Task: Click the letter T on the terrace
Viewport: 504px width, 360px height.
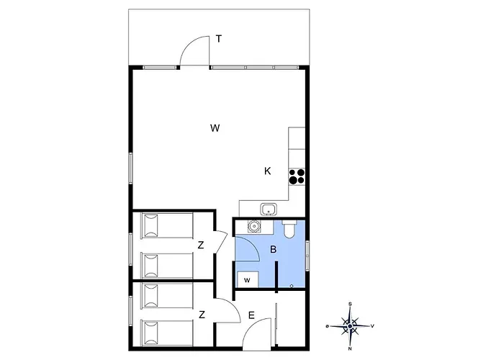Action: (219, 39)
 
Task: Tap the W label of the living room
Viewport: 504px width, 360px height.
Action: (215, 128)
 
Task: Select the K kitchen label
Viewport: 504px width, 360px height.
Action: (267, 171)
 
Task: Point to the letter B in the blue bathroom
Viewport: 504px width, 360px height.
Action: (273, 249)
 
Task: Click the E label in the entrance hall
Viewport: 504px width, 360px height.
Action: (251, 315)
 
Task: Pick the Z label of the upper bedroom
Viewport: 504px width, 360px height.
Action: (201, 246)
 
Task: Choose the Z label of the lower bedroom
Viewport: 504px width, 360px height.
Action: (202, 315)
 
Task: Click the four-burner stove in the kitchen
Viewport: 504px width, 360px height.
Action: (297, 176)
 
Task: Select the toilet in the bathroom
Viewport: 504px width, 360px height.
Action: (289, 229)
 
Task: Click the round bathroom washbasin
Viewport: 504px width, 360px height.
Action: (254, 226)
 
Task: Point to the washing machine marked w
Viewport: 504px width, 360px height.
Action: (248, 279)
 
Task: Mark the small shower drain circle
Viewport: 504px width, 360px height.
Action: (292, 286)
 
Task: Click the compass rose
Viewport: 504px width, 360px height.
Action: (350, 326)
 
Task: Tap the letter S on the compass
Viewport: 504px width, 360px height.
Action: (351, 304)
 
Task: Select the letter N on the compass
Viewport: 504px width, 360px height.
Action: (350, 348)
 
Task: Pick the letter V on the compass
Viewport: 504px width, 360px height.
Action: (372, 326)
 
